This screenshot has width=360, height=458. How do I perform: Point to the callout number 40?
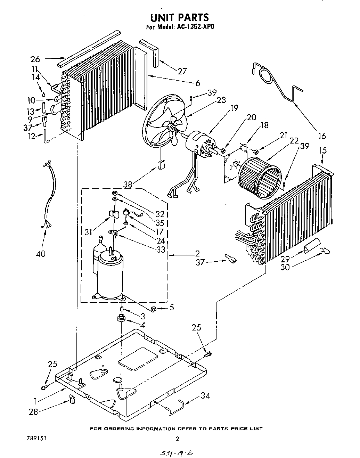41,254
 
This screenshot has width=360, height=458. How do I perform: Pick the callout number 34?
205,396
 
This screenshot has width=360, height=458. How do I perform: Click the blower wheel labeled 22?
260,176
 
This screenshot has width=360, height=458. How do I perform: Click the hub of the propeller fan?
173,129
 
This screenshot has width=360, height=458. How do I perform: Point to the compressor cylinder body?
109,276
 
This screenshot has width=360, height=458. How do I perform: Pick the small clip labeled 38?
161,165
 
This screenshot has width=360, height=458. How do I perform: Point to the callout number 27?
182,71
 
